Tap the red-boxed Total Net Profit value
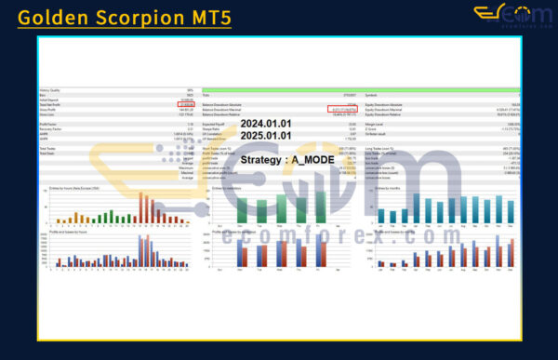coord(186,104)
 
